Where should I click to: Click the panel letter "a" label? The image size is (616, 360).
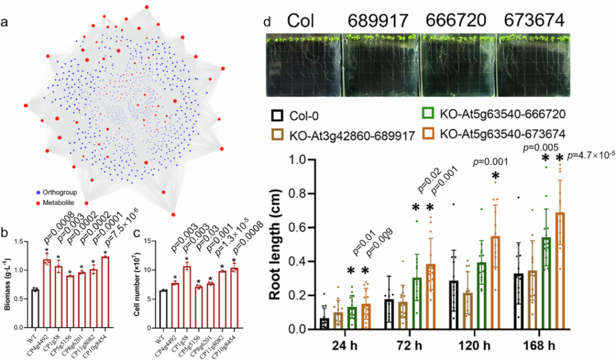5,23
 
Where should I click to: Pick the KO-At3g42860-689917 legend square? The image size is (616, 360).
277,135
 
